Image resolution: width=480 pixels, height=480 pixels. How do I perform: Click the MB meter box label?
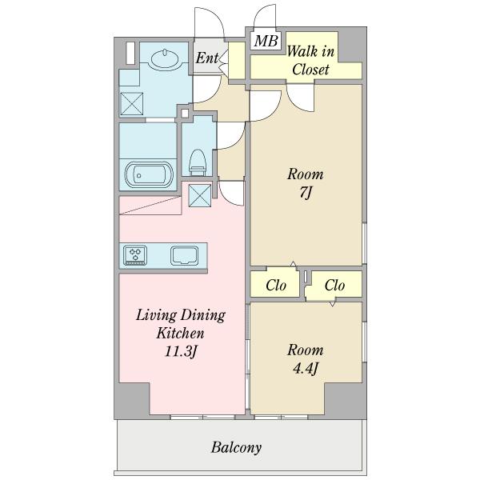[x=266, y=41]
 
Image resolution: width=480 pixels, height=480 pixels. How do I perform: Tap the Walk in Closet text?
[x=310, y=60]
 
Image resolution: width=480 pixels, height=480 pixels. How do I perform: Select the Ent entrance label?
[x=207, y=58]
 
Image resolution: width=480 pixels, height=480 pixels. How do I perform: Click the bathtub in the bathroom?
[x=149, y=174]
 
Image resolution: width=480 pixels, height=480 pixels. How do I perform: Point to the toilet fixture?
[x=198, y=162]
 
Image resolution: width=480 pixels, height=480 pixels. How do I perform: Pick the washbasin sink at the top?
[x=165, y=58]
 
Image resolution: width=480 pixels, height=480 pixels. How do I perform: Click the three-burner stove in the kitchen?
[x=135, y=255]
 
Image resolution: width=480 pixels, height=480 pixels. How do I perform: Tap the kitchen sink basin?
[x=184, y=255]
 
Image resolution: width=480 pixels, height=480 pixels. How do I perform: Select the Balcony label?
[x=236, y=448]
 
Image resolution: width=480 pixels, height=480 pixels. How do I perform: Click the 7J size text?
[x=305, y=193]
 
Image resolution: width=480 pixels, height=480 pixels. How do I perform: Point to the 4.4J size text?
[x=306, y=369]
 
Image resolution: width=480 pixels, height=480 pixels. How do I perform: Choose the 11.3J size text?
[x=181, y=351]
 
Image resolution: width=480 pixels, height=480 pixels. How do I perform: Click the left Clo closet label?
[x=276, y=286]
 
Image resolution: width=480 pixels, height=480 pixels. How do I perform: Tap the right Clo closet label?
[x=334, y=286]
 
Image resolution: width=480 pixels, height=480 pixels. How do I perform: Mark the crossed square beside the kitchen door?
[x=199, y=195]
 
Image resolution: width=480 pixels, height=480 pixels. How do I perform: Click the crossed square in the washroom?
[x=132, y=104]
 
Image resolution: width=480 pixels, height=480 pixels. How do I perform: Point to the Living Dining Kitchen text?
[x=181, y=324]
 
